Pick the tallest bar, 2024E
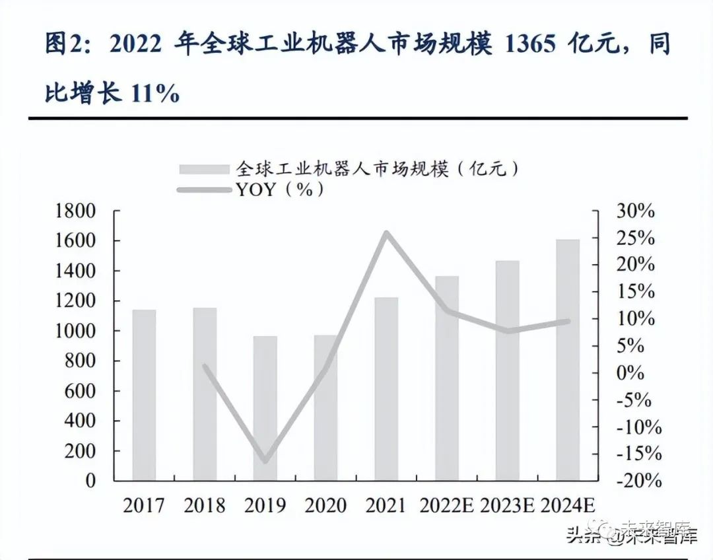(568, 360)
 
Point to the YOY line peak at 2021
(386, 232)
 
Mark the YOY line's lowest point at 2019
(265, 460)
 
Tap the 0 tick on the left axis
(90, 481)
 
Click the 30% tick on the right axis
(635, 211)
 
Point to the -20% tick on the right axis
(638, 481)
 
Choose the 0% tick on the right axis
(630, 373)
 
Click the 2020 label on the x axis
(325, 506)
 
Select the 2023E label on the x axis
(507, 506)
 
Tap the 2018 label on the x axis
(205, 506)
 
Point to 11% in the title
(156, 93)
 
